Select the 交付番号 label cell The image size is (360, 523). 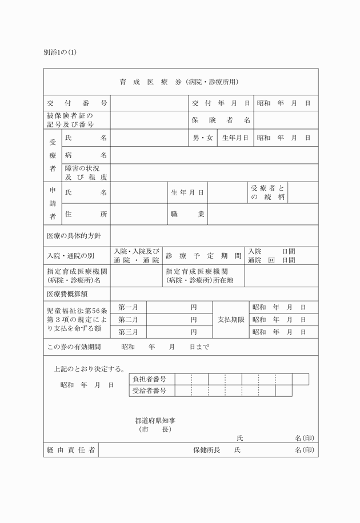(x=77, y=103)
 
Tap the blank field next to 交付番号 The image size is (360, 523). (x=149, y=103)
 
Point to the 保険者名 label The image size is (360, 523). (x=221, y=120)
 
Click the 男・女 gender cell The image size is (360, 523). (x=202, y=138)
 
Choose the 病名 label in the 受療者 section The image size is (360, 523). (x=86, y=155)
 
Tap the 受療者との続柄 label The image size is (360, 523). (x=267, y=192)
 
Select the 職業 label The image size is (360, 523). (x=187, y=214)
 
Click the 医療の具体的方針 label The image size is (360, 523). (x=74, y=235)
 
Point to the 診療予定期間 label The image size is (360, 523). (x=203, y=255)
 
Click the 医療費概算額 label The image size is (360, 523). (x=67, y=293)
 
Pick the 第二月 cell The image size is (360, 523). (x=128, y=319)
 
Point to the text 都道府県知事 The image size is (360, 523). (x=155, y=420)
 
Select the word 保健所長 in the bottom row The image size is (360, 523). (x=206, y=450)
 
